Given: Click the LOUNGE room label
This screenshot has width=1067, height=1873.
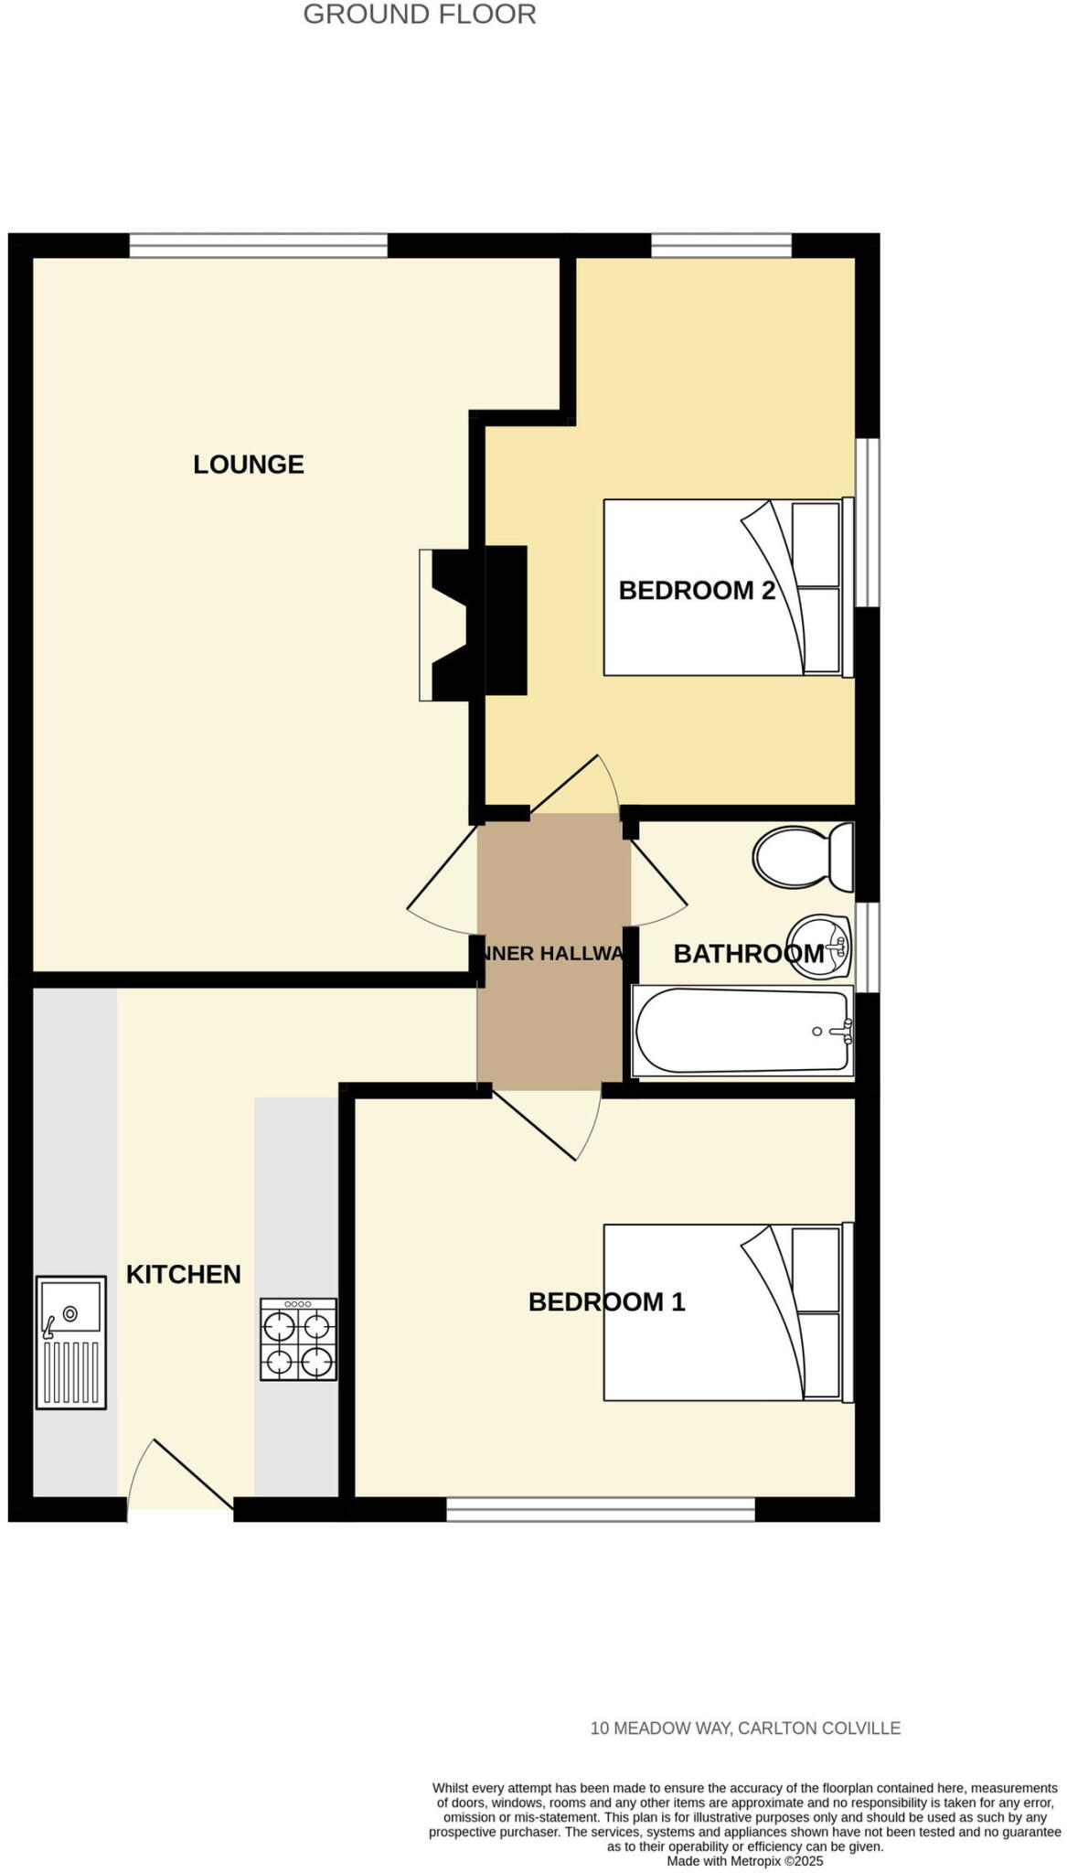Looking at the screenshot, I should (248, 465).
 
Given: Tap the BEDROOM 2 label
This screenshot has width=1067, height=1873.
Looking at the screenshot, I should (697, 591).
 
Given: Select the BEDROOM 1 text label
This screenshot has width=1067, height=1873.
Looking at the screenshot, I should (606, 1302).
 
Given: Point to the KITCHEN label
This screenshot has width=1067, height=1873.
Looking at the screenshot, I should (183, 1275).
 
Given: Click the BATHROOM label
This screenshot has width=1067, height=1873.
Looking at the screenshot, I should (748, 954).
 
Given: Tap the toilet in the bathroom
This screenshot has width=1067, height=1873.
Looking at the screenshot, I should (802, 857).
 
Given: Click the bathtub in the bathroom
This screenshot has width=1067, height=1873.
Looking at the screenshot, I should (742, 1031).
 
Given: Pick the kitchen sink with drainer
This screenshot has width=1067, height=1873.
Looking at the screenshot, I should (71, 1342).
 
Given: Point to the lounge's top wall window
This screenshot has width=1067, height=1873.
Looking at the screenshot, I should (258, 245).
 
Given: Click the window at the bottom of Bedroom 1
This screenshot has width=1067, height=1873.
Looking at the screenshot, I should (600, 1508).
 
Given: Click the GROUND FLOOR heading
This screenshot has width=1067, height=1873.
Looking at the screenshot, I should (420, 15).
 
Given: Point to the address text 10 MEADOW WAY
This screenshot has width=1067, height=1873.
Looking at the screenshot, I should (745, 1729).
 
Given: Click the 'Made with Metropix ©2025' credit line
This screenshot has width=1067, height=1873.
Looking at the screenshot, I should (745, 1861).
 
